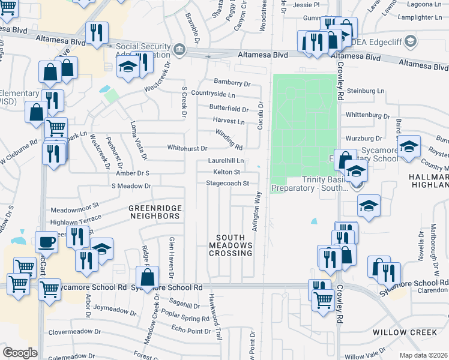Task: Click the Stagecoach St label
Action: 228,183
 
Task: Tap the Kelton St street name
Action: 227,172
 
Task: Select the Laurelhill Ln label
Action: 226,161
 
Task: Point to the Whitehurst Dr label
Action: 187,148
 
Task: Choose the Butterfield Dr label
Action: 229,109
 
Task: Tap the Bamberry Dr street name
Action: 232,82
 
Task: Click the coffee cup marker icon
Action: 46,242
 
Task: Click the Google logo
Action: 20,353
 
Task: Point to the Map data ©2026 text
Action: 424,355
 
